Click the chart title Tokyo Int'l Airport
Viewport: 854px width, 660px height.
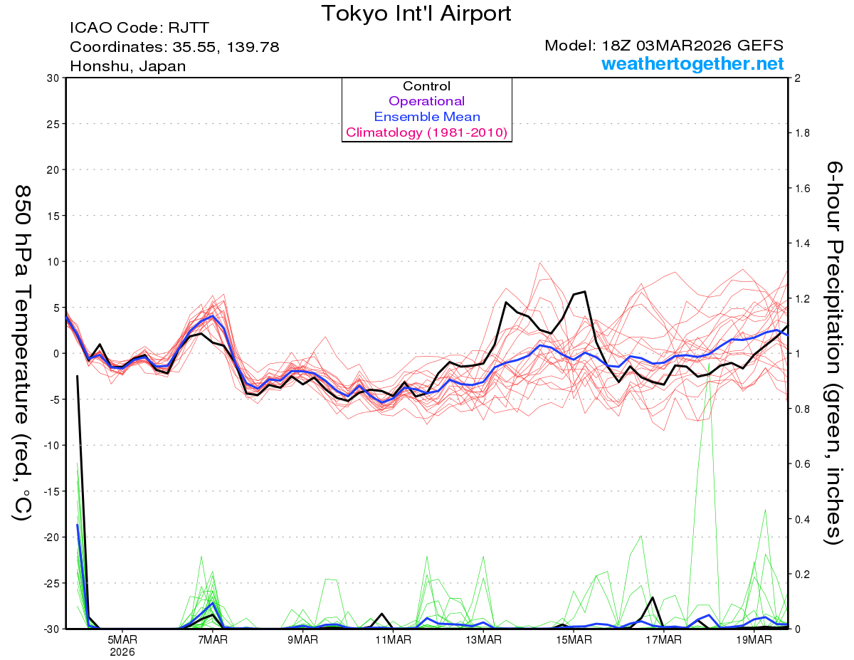coord(416,14)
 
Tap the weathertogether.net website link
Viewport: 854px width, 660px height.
coord(692,64)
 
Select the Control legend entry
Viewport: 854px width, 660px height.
coord(426,86)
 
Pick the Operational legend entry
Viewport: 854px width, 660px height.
coord(426,101)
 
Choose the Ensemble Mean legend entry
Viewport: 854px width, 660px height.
coord(426,117)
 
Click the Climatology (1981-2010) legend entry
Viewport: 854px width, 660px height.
coord(426,132)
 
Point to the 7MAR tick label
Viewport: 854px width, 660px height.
coord(213,639)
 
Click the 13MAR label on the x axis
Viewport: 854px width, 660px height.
coord(484,639)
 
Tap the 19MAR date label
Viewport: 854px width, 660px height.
coord(755,639)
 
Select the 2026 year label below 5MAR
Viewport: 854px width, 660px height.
coord(122,651)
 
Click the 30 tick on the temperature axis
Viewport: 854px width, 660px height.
coord(52,78)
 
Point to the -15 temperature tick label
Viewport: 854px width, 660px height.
coord(49,491)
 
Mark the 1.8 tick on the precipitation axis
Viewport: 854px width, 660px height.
coord(801,133)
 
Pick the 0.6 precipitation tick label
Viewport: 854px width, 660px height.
coord(801,463)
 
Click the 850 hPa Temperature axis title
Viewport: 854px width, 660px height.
coord(23,352)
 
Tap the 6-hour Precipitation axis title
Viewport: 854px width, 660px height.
coord(834,352)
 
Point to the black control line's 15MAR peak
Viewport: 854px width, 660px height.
coord(584,291)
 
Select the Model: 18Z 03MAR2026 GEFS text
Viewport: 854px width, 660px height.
coord(664,46)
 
